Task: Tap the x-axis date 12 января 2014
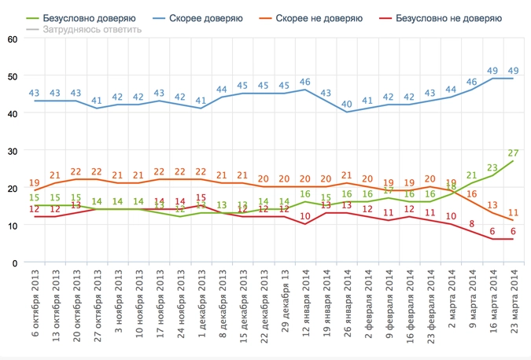304,308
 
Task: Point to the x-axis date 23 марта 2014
513,308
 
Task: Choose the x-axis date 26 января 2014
346,308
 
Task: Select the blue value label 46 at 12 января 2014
304,82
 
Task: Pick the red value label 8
471,224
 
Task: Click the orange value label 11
512,213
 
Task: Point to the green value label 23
492,167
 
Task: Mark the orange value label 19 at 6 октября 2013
34,182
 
